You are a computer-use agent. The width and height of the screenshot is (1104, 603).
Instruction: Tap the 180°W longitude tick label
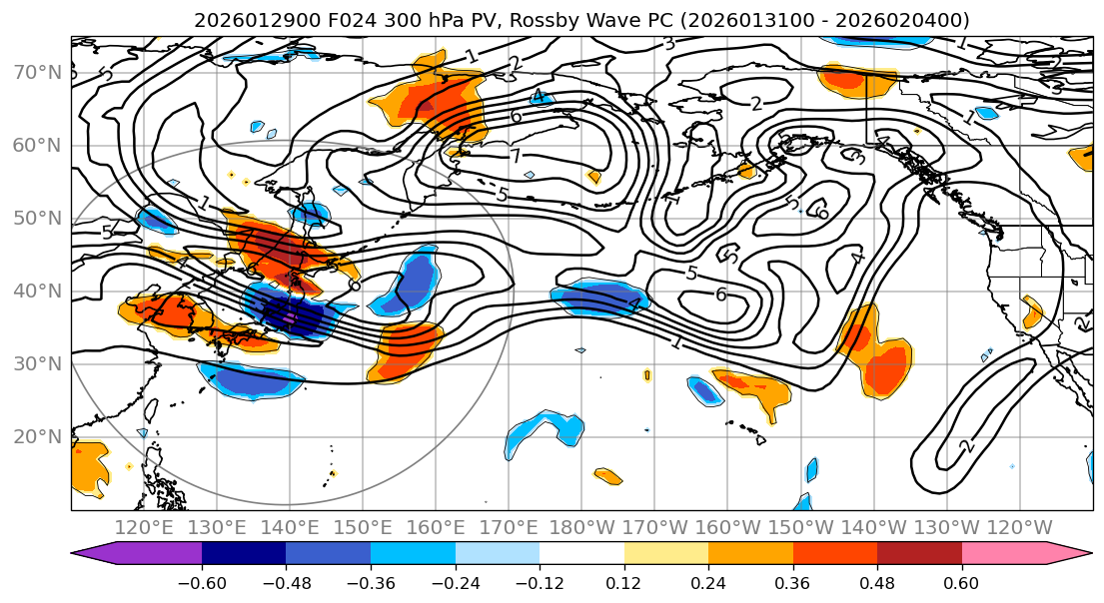pyautogui.click(x=581, y=528)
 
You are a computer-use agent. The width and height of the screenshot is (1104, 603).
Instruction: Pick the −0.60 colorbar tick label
pyautogui.click(x=202, y=583)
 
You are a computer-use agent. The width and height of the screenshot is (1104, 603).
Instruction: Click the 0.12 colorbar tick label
pyautogui.click(x=623, y=583)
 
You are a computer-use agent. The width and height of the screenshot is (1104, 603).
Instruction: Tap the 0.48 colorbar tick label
pyautogui.click(x=876, y=583)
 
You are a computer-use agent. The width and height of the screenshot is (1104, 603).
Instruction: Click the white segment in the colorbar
pyautogui.click(x=581, y=554)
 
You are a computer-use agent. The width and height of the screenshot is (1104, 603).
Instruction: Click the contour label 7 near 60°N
pyautogui.click(x=516, y=157)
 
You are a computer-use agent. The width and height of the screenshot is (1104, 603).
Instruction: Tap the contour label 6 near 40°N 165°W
pyautogui.click(x=720, y=295)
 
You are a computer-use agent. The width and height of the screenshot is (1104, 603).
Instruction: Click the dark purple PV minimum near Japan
pyautogui.click(x=290, y=316)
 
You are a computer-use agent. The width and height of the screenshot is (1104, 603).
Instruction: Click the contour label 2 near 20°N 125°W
pyautogui.click(x=966, y=445)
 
